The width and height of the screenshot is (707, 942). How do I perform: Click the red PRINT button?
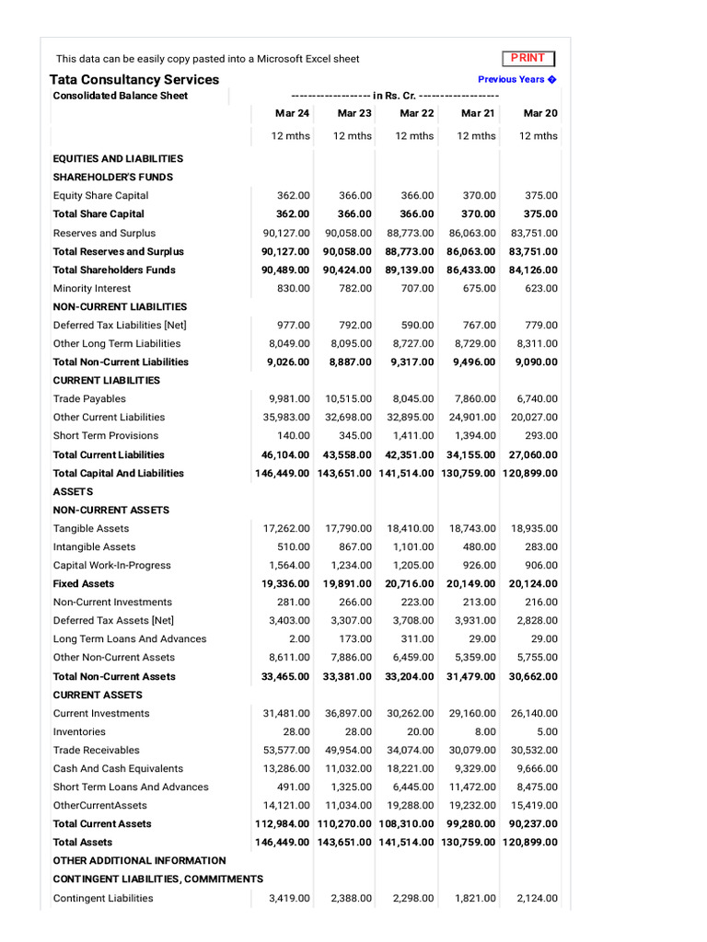click(527, 58)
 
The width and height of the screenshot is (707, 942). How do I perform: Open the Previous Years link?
click(516, 79)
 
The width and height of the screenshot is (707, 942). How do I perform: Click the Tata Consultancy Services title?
click(134, 80)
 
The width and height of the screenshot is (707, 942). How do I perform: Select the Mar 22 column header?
click(416, 113)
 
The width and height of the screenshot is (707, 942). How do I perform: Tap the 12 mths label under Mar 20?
click(539, 135)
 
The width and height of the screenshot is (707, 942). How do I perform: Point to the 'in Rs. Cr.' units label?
click(395, 96)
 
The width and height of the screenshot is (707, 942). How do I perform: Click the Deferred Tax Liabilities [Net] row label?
click(120, 325)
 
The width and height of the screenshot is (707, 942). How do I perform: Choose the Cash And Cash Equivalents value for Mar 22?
click(411, 768)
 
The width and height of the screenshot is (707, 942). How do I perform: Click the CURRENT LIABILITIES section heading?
click(106, 380)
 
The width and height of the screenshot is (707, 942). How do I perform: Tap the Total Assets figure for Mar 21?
click(469, 842)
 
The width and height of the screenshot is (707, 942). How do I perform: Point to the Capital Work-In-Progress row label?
click(111, 565)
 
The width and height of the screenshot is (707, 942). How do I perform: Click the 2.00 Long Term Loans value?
click(298, 638)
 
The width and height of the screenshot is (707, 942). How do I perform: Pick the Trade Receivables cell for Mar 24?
click(286, 750)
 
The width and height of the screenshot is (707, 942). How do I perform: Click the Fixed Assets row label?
click(84, 583)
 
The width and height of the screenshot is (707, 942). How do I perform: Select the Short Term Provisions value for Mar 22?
click(413, 435)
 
